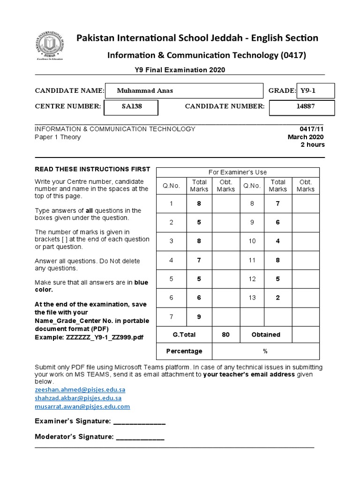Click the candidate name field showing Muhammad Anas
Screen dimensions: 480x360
184,91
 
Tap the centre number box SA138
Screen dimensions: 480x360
132,107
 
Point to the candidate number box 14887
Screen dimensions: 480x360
305,107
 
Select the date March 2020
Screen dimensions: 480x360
306,137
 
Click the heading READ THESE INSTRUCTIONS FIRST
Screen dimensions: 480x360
93,169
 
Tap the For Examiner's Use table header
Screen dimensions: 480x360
238,172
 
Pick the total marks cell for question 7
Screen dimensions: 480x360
199,317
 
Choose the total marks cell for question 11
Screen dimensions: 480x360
277,260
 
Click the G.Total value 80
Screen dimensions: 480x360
225,335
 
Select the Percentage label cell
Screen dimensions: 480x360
184,351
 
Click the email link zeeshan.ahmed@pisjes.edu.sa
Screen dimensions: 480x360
80,390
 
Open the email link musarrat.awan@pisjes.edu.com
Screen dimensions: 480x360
82,406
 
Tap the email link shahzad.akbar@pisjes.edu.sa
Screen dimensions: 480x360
78,398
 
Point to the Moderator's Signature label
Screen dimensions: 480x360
74,437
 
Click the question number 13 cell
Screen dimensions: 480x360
252,298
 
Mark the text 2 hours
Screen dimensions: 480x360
312,145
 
